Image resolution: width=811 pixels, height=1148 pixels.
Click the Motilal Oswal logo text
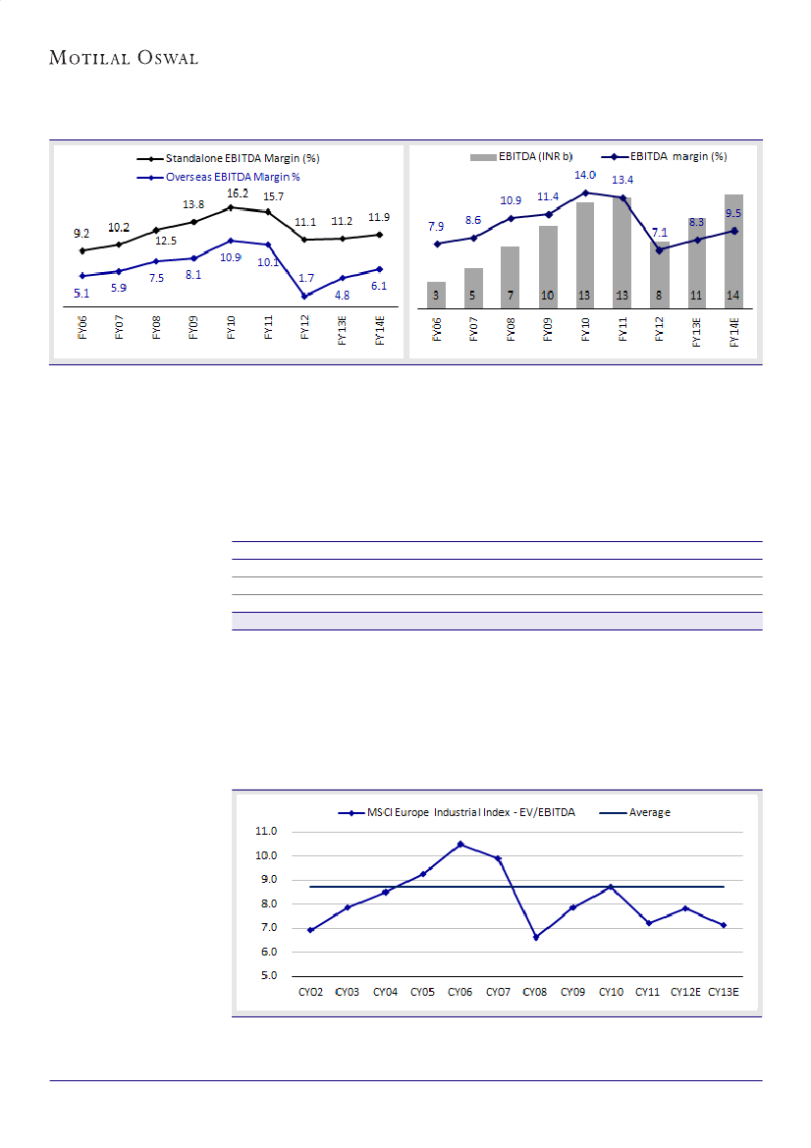point(124,58)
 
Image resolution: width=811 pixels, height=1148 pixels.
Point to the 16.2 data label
point(238,192)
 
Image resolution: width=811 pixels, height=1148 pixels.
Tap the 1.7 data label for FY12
point(307,278)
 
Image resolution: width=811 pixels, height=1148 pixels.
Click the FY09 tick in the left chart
point(193,327)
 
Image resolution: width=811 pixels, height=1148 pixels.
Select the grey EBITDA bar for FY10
point(586,255)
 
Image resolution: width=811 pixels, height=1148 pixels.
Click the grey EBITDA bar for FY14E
point(734,251)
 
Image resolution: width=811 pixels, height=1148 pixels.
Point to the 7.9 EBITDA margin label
point(437,227)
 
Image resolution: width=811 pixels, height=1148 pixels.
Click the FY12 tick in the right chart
point(660,327)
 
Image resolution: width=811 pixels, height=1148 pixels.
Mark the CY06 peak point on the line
point(460,845)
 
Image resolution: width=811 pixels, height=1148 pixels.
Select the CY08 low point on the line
point(536,938)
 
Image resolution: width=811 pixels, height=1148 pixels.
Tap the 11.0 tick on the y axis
point(267,831)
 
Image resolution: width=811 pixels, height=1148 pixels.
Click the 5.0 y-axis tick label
point(267,976)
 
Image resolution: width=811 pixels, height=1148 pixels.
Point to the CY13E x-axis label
point(725,993)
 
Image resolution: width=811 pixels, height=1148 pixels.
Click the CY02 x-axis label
point(310,993)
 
